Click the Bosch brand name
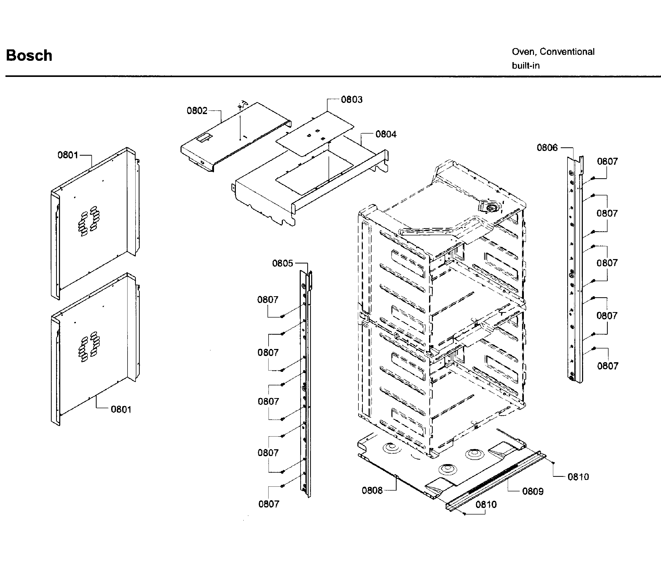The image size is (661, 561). [29, 55]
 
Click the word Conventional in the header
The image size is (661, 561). [567, 51]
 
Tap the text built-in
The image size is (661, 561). [526, 65]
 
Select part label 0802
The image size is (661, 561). [197, 111]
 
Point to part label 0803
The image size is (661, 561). [351, 100]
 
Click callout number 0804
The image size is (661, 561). [386, 134]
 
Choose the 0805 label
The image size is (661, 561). [282, 263]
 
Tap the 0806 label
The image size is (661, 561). [547, 148]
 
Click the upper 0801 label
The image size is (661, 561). [68, 155]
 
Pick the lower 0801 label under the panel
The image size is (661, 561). [121, 409]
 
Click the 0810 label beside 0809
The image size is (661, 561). [578, 477]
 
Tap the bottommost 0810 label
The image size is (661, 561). [486, 504]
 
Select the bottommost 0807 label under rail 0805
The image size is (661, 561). [269, 504]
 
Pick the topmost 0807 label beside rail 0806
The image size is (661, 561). [607, 162]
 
